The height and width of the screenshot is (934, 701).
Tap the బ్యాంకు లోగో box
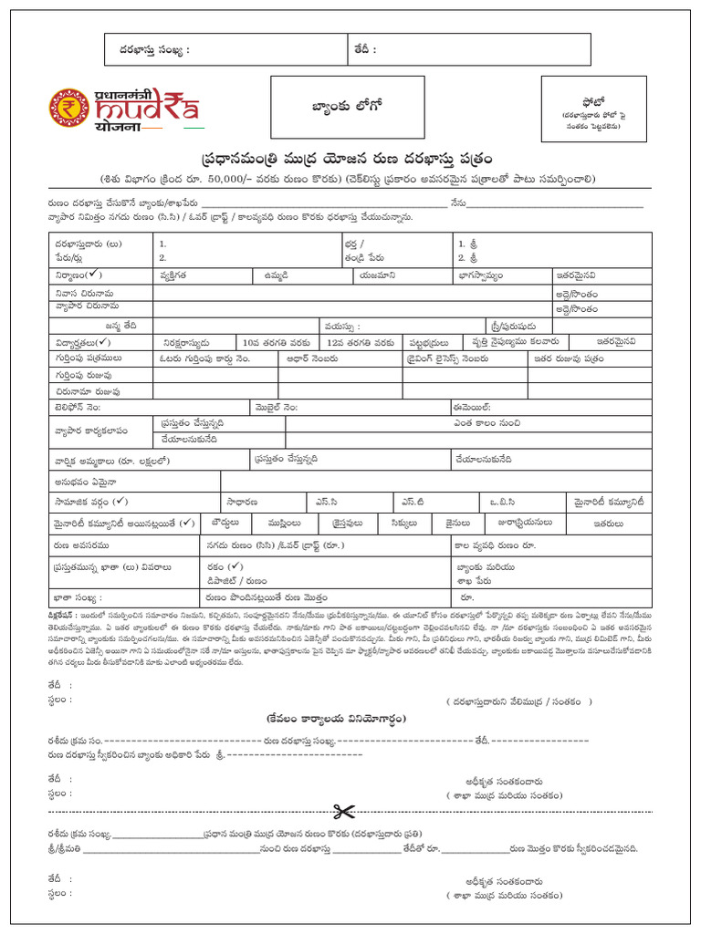(x=347, y=107)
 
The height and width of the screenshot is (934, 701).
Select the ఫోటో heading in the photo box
(x=593, y=101)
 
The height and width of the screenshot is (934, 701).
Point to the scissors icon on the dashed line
(x=343, y=811)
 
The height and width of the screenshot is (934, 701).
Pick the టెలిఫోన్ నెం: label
(x=83, y=407)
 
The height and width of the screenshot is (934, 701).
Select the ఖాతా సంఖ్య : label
(x=78, y=598)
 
